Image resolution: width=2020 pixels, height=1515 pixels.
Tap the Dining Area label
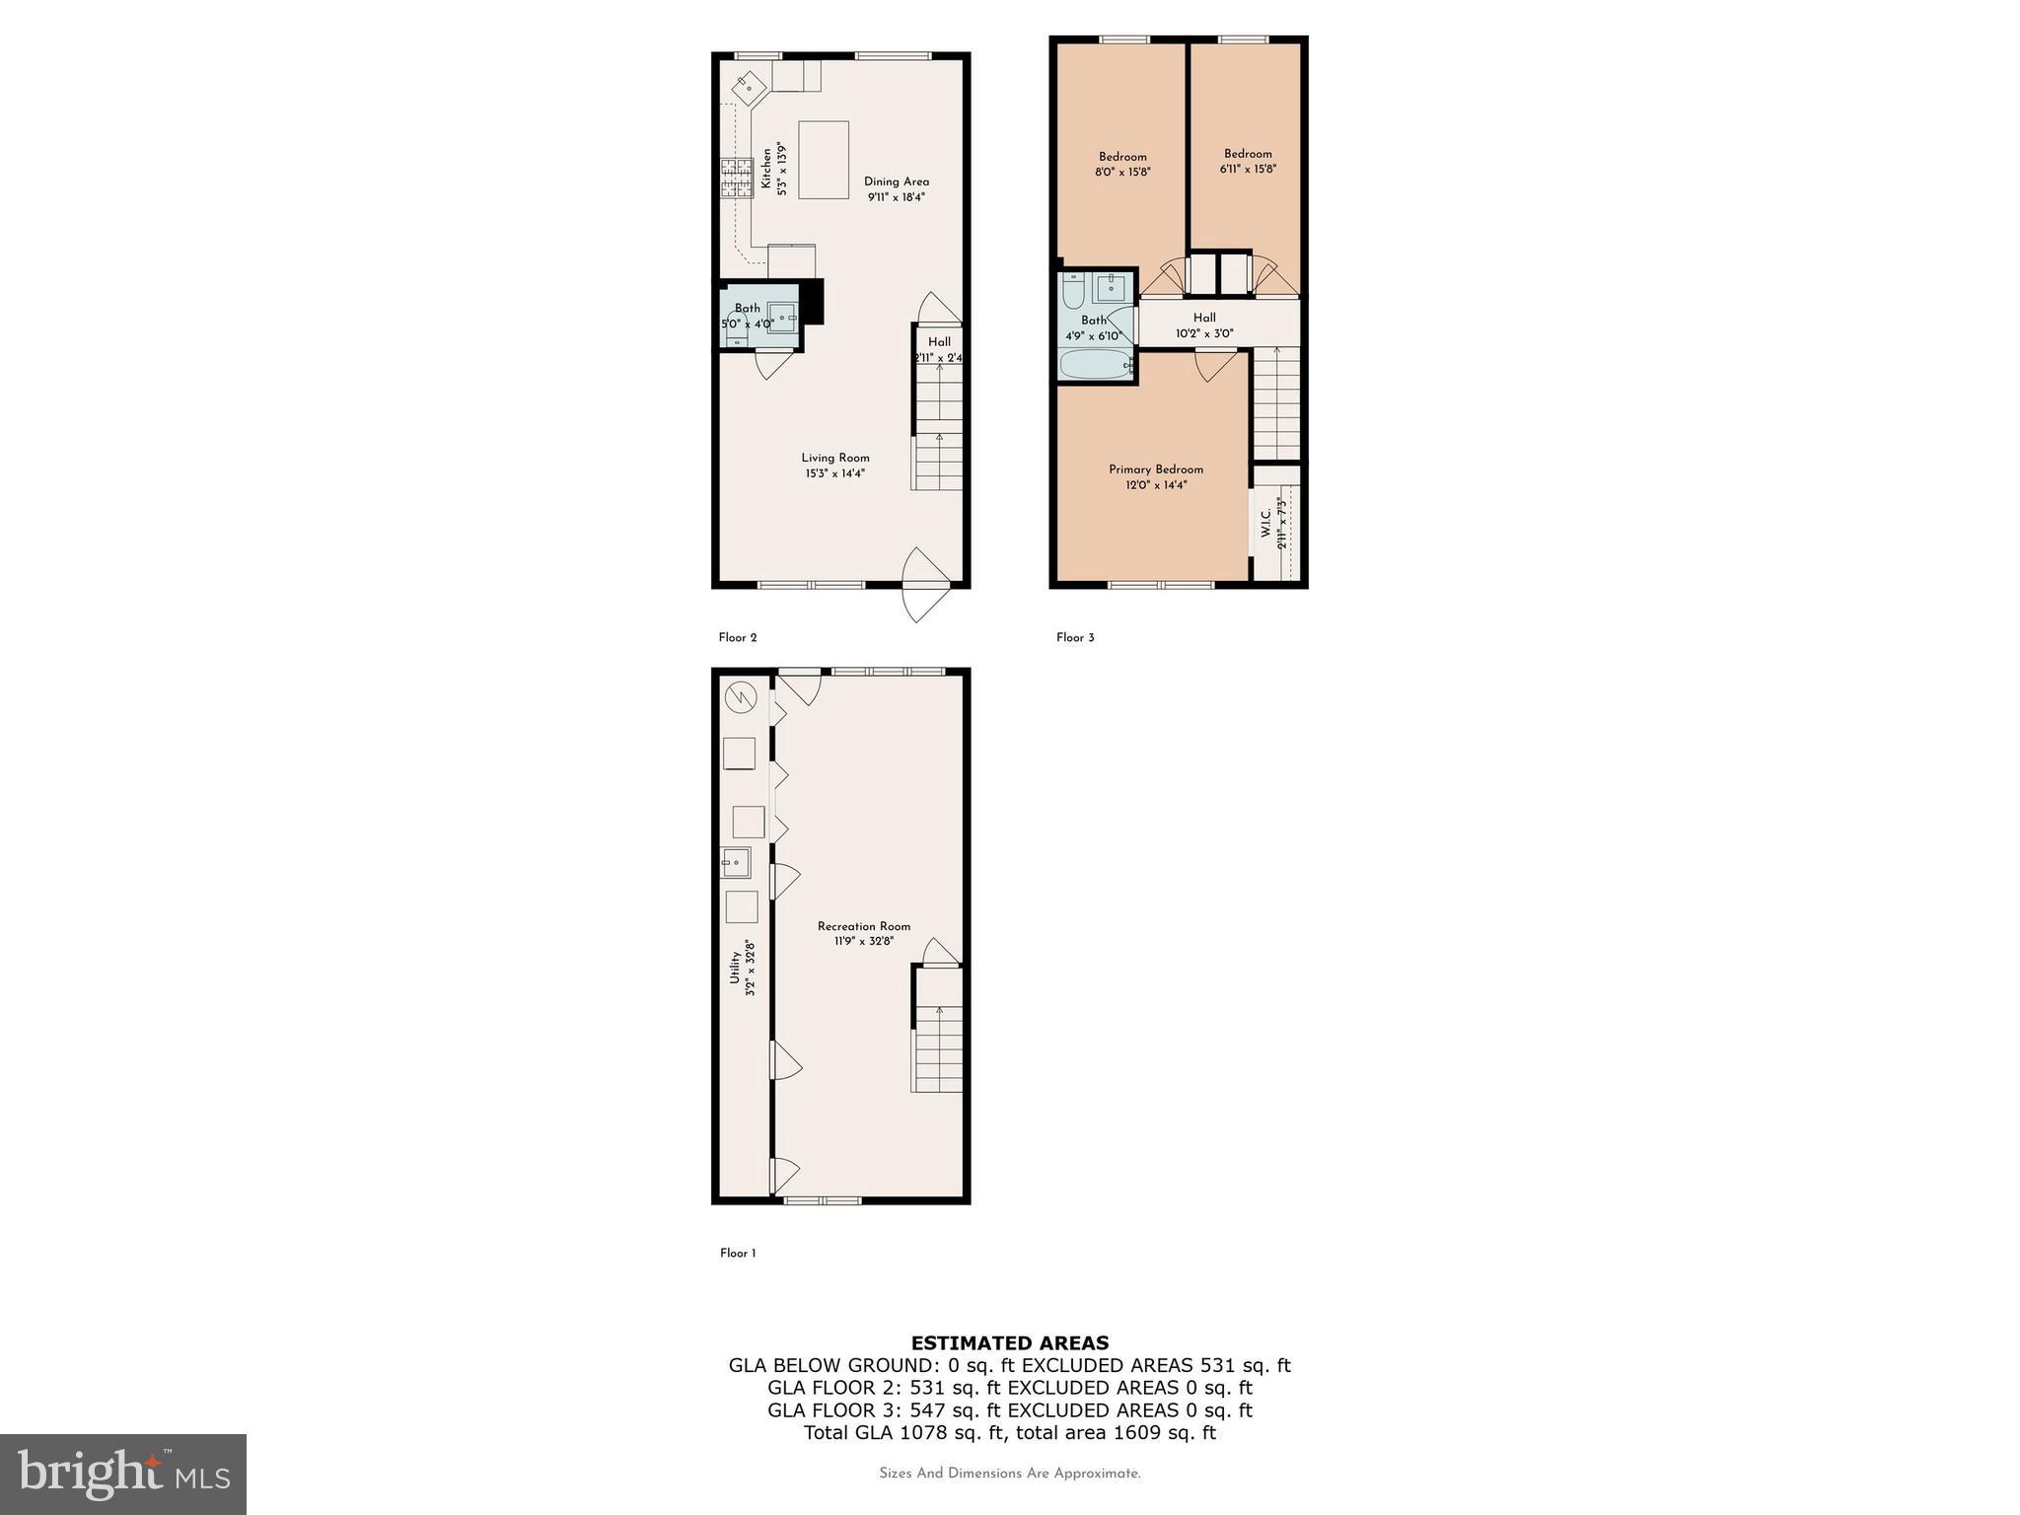(x=896, y=181)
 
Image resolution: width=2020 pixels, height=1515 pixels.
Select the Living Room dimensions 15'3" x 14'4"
(x=834, y=473)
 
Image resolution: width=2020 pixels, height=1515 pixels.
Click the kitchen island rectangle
(x=824, y=160)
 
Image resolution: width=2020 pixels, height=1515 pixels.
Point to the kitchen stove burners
(x=735, y=179)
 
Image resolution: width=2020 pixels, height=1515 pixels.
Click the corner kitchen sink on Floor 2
(x=750, y=87)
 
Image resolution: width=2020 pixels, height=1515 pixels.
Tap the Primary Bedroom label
(x=1155, y=469)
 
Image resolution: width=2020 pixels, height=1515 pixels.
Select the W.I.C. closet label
(x=1265, y=524)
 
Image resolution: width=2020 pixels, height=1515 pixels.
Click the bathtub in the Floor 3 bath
(x=1095, y=365)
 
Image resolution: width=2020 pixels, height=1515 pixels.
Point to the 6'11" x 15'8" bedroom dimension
(x=1248, y=169)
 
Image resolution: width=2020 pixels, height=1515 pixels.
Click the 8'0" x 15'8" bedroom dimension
(x=1122, y=172)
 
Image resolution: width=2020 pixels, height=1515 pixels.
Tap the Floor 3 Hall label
(x=1204, y=318)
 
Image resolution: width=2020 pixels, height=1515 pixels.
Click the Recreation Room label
(x=863, y=926)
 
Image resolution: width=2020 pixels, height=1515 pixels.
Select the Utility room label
(x=735, y=967)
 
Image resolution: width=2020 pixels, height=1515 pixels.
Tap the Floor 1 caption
(x=737, y=1254)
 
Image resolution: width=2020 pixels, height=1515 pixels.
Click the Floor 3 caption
(x=1075, y=638)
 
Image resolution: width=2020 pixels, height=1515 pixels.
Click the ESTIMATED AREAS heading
(x=1009, y=1342)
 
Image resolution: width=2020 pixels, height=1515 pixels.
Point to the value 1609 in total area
(x=1139, y=1432)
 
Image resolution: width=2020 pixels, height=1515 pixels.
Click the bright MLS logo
(x=123, y=1475)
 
